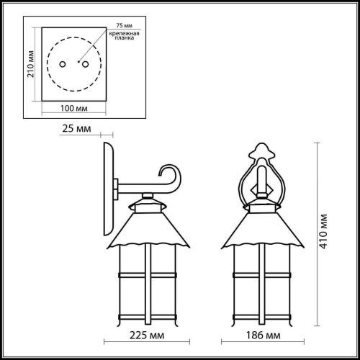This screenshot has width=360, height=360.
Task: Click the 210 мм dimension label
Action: (x=31, y=64)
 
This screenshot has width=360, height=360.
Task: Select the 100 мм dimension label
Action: (x=73, y=108)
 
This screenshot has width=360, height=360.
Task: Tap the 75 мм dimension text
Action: (x=125, y=25)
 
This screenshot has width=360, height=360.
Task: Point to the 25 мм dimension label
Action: (x=76, y=129)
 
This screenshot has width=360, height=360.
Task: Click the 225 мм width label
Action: (x=147, y=336)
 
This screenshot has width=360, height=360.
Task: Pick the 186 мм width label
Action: (x=264, y=336)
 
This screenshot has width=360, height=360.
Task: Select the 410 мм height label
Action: (x=324, y=231)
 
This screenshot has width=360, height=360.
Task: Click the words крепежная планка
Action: (x=124, y=35)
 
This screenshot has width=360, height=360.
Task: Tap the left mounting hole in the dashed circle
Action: (x=63, y=64)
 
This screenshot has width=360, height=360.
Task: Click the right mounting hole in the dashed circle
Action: (x=86, y=64)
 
